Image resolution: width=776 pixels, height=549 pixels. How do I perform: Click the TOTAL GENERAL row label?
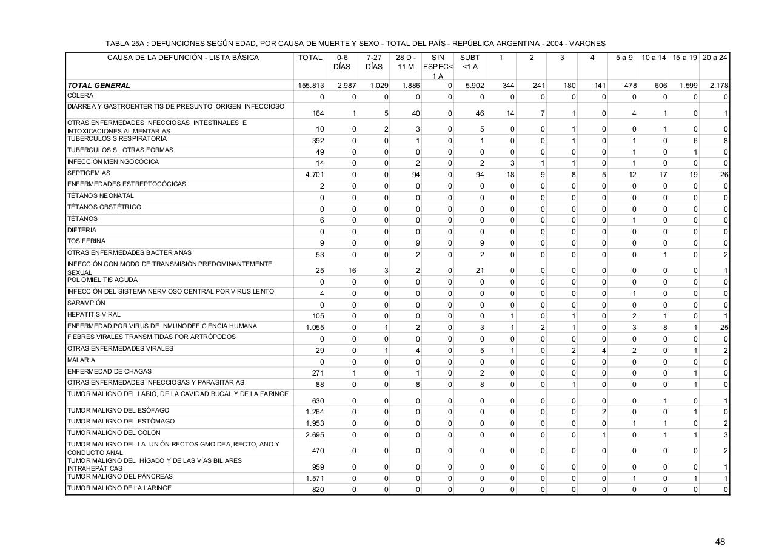tap(99, 86)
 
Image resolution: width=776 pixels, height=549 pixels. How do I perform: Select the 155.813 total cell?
tap(310, 86)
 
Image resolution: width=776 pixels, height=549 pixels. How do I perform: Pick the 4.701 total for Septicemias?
tap(314, 175)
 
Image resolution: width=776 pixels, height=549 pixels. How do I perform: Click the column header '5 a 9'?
tap(624, 58)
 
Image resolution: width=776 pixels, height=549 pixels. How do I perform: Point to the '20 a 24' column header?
tap(715, 58)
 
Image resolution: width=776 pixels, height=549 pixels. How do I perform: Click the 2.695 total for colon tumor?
tap(315, 435)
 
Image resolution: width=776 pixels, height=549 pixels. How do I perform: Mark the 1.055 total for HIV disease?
tap(315, 328)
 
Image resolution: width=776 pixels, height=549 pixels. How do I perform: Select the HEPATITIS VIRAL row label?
tap(94, 314)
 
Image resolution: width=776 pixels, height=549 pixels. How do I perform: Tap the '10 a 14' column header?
tap(654, 58)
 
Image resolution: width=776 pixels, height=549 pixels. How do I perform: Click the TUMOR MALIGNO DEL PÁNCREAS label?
tap(120, 476)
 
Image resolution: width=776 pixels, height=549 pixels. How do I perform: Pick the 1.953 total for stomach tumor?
tap(315, 423)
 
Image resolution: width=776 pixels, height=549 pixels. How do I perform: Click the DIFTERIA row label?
tap(82, 230)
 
